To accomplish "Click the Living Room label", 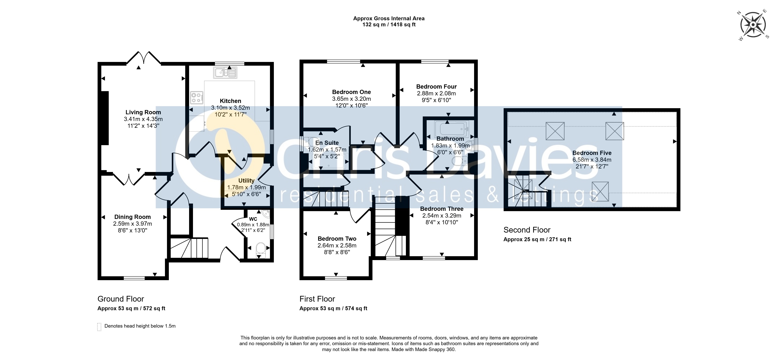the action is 143,112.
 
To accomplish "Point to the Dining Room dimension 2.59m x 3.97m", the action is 133,224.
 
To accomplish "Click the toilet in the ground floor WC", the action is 260,250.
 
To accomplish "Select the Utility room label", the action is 246,181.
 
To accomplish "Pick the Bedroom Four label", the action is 436,87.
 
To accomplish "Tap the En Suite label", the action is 327,143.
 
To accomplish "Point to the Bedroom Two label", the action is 337,239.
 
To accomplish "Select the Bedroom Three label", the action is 442,209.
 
